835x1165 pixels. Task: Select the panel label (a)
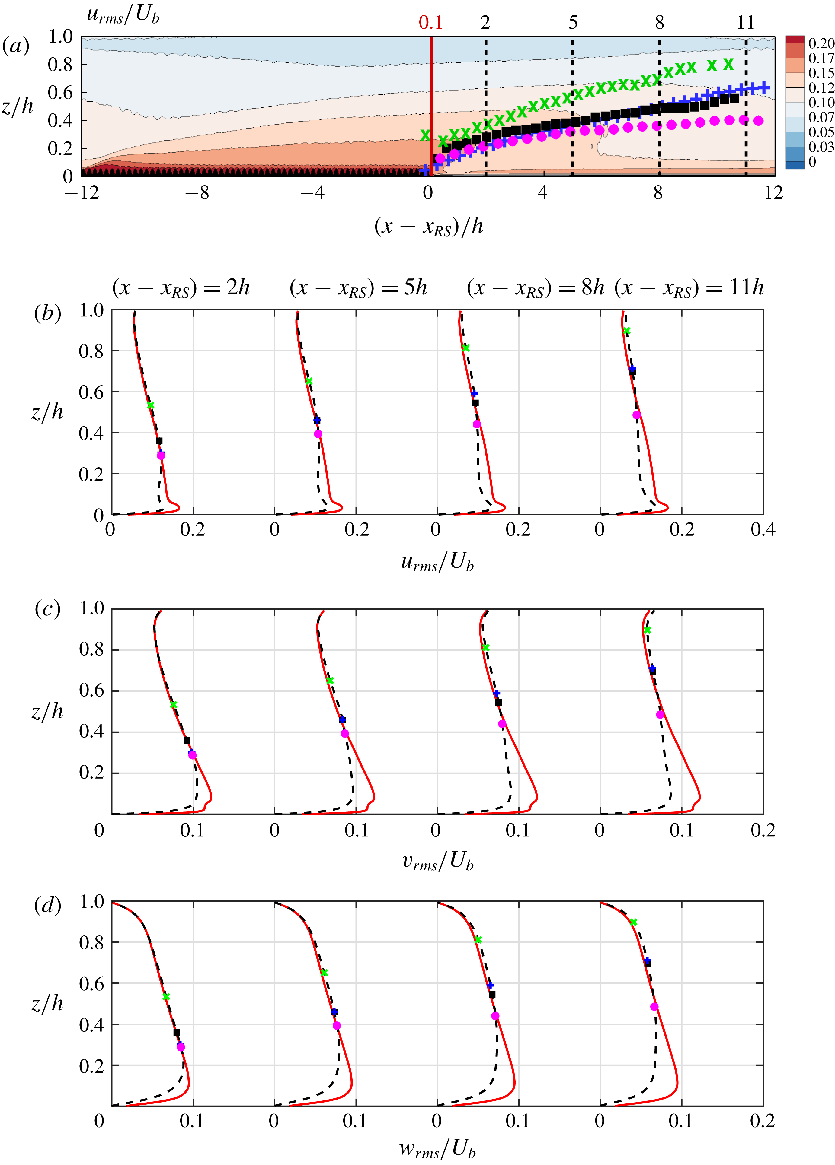15,46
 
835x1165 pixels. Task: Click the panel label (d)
47,905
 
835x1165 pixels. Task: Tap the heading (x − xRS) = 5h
358,288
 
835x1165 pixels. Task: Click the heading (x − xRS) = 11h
689,288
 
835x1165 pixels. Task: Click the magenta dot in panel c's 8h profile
502,724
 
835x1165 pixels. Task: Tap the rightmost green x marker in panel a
728,64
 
